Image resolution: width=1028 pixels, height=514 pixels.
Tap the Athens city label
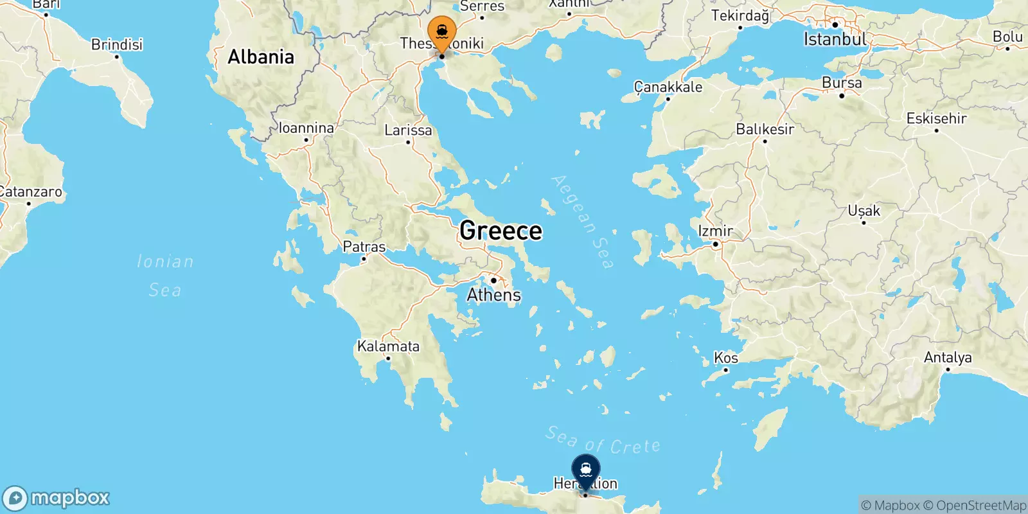click(493, 295)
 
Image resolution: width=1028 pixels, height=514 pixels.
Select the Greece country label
click(501, 231)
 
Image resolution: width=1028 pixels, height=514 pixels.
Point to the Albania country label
click(261, 57)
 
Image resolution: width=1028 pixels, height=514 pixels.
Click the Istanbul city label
click(835, 39)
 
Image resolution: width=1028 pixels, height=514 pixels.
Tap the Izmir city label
click(715, 231)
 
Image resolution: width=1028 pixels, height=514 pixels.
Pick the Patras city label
click(364, 247)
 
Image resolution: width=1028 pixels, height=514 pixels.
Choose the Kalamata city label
click(388, 346)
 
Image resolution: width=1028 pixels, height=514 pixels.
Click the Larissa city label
click(408, 130)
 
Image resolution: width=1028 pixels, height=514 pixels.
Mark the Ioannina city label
click(306, 128)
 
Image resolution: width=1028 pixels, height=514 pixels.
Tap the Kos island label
click(726, 358)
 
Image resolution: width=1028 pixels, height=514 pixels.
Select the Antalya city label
click(948, 357)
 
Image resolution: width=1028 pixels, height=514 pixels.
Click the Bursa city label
click(842, 83)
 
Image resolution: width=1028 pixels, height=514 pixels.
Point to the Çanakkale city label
click(668, 87)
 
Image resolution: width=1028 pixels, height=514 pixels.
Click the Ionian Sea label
click(165, 276)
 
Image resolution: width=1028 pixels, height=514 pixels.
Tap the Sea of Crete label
click(603, 441)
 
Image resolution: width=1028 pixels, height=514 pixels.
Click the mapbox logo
click(57, 498)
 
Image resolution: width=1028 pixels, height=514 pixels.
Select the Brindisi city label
click(117, 44)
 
